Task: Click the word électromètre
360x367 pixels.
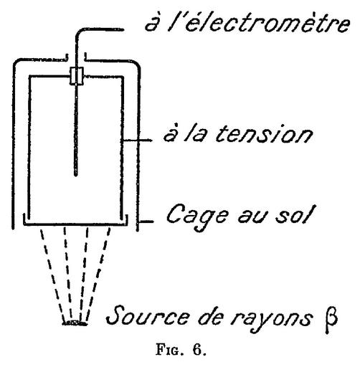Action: pos(267,23)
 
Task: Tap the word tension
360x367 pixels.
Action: pos(264,134)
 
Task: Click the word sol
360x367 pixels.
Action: pos(294,214)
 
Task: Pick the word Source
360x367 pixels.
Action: pos(148,315)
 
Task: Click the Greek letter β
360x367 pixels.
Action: pos(331,320)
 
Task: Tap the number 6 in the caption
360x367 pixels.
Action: pos(196,350)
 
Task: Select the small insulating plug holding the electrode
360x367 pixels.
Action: pos(77,76)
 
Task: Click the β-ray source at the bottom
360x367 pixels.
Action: pos(75,323)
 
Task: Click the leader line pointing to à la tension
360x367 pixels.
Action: pos(137,140)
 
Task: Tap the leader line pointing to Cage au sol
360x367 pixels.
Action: pos(146,222)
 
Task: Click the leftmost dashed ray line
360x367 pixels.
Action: pos(52,275)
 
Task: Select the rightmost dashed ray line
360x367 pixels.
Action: pos(98,275)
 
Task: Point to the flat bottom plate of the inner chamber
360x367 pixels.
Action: pos(75,224)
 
